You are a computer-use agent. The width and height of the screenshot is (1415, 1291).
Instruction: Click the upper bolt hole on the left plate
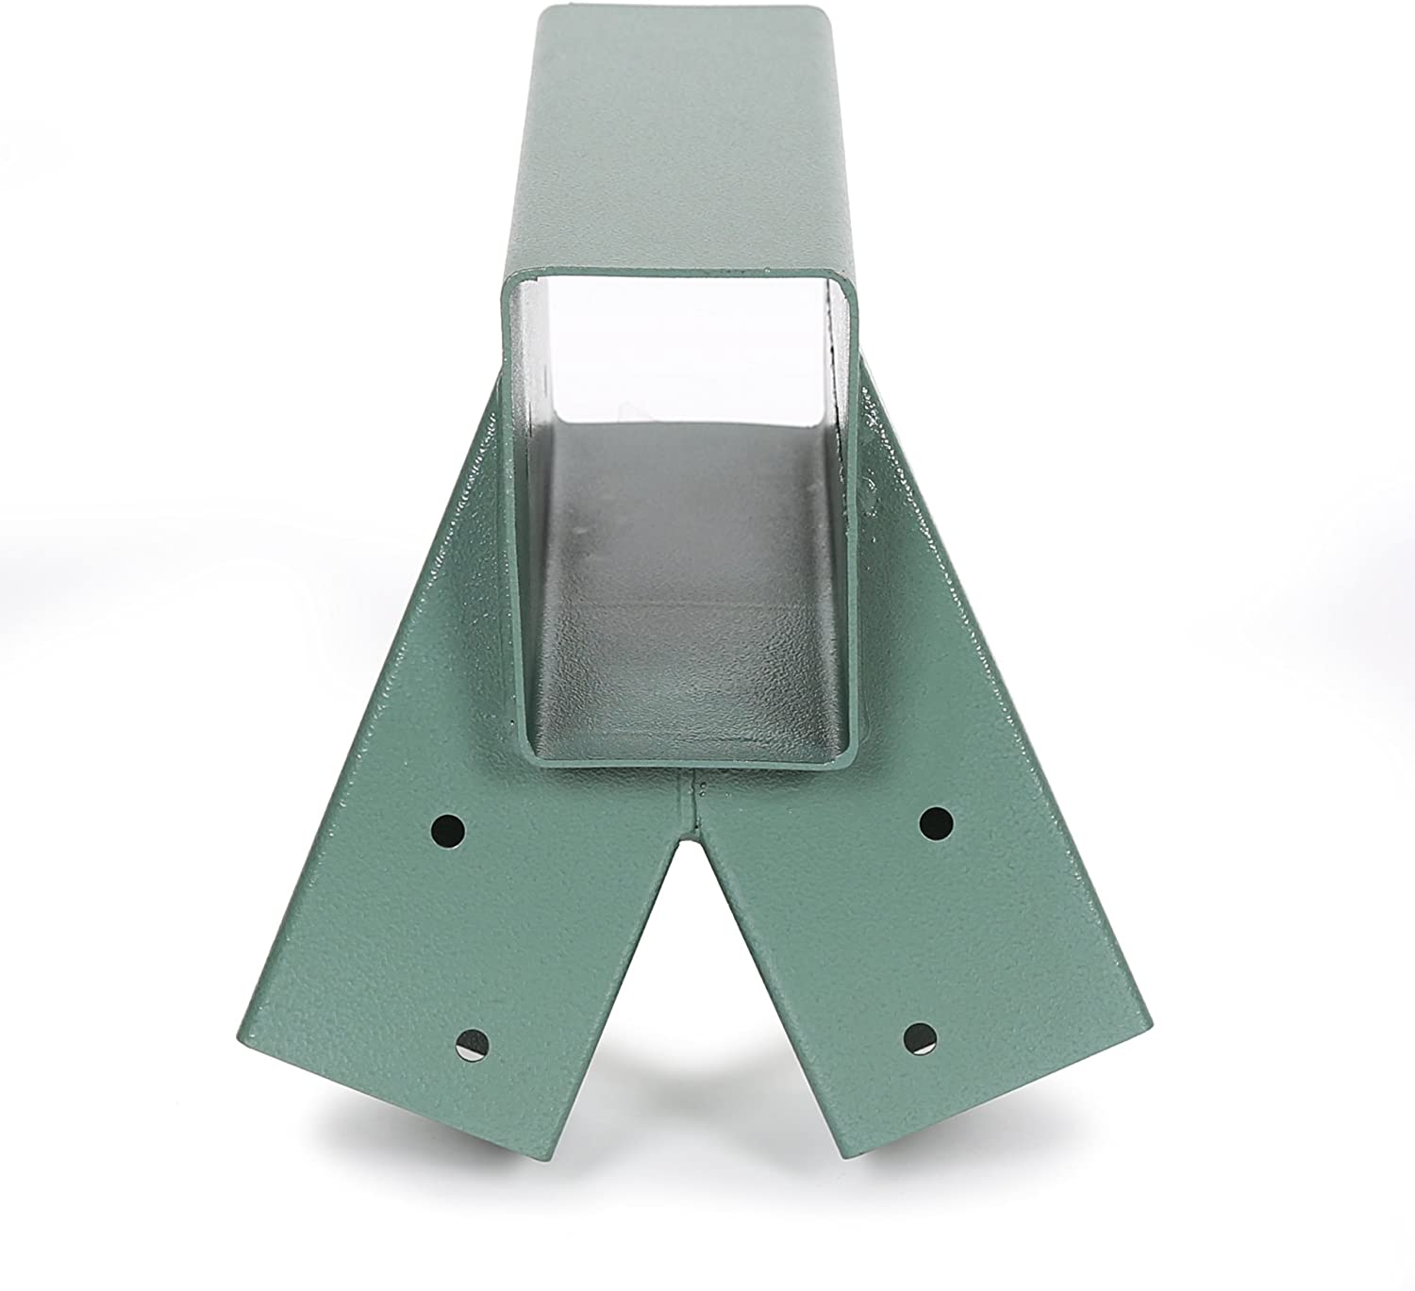[449, 830]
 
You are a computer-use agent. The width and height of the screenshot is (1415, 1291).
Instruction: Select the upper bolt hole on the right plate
[937, 822]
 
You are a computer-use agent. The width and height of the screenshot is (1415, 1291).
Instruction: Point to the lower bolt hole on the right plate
[919, 1034]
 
